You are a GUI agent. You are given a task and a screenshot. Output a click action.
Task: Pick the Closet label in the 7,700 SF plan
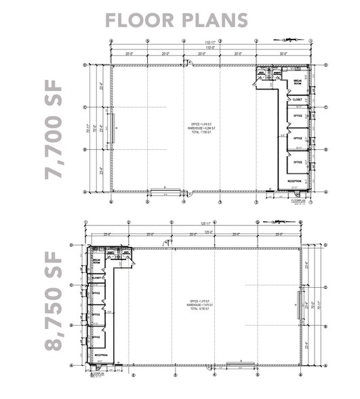pos(297,100)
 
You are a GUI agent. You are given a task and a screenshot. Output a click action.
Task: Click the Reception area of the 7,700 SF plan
pos(294,181)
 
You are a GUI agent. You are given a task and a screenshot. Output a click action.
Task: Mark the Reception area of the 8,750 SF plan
pos(101,355)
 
